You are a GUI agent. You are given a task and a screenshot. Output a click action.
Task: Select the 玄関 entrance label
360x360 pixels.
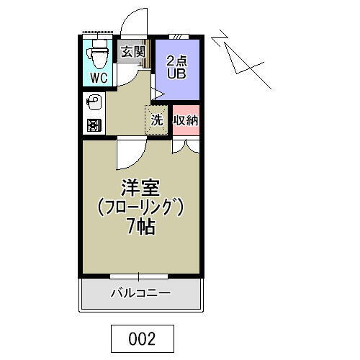132,52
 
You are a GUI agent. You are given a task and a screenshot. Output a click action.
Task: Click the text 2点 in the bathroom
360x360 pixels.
177,59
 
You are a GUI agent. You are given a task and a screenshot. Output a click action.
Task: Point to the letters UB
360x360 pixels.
177,73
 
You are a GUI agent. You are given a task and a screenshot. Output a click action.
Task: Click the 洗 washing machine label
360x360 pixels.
156,120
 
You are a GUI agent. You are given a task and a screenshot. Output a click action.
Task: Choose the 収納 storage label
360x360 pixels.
186,120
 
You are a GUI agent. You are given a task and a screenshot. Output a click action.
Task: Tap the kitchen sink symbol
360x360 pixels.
93,102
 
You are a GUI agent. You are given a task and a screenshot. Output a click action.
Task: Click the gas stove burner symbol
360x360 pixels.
93,125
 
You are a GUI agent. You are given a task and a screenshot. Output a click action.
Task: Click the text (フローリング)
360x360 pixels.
140,207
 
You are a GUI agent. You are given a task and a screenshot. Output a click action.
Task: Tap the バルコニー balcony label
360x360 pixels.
140,293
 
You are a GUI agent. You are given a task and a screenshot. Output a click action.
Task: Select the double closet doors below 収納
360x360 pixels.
186,146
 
